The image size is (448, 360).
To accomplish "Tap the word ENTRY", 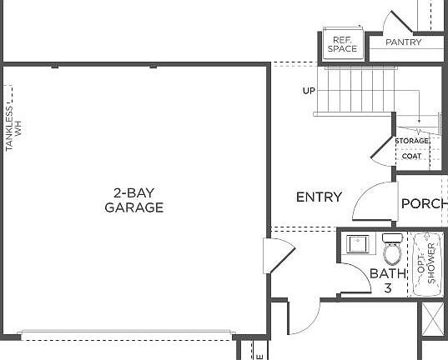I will click(x=319, y=197).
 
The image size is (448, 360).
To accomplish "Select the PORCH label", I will click(x=424, y=203).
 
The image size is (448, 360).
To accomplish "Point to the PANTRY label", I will click(x=404, y=42).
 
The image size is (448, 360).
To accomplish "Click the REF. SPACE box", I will click(x=342, y=45).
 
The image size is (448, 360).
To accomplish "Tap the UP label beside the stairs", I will click(x=310, y=91).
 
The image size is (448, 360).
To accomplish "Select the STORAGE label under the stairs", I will click(x=412, y=141).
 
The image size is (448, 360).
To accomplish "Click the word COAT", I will click(x=411, y=156).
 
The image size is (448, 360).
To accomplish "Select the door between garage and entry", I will click(x=276, y=253).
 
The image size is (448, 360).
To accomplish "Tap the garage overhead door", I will click(x=125, y=335).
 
